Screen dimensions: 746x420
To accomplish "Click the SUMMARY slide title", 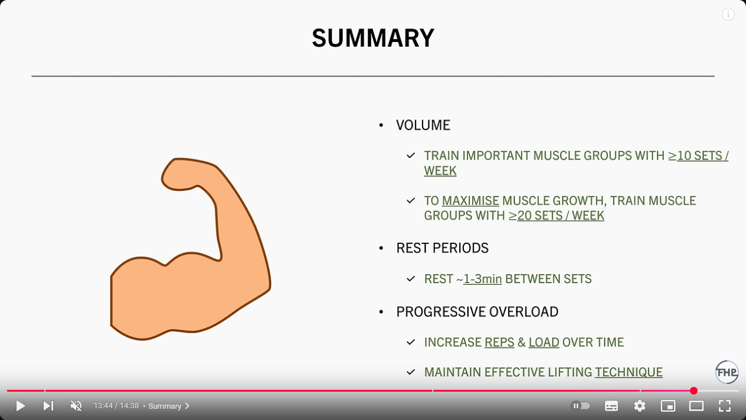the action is tap(373, 38).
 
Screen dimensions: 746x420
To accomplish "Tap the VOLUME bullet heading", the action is tap(423, 125).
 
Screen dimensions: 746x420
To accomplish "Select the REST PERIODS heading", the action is tap(442, 248).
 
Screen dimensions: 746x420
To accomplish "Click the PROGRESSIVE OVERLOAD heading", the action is tap(477, 312).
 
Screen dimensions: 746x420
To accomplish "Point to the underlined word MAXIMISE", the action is tap(470, 201).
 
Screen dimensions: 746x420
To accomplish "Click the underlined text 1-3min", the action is tap(482, 279).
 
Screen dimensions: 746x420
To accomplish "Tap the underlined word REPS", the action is tap(499, 343).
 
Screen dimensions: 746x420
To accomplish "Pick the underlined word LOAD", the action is tap(544, 343).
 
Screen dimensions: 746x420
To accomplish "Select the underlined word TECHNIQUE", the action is tap(629, 372).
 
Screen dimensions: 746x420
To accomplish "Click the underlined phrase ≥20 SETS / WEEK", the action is tap(556, 216).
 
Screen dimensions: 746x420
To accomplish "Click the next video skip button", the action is tap(48, 406).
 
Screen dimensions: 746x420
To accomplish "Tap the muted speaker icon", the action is tap(76, 406).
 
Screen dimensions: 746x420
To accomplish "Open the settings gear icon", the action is tap(640, 406).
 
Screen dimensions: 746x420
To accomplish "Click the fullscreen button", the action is tap(725, 406).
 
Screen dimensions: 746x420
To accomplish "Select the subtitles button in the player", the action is tap(611, 406).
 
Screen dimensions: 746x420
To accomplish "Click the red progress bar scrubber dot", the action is tap(693, 390).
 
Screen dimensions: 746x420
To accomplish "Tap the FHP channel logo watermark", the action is tap(727, 372).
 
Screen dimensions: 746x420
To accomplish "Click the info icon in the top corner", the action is tap(728, 14).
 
